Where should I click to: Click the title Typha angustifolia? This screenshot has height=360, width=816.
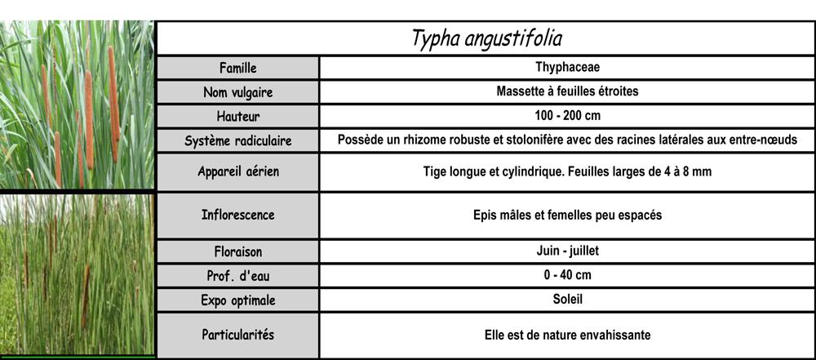click(487, 38)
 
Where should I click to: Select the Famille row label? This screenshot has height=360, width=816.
click(238, 67)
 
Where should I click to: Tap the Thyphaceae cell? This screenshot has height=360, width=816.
click(567, 67)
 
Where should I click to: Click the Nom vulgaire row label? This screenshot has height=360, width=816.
click(238, 92)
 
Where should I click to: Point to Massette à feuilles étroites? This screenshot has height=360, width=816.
click(567, 91)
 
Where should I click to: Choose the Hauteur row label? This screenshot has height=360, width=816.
click(238, 116)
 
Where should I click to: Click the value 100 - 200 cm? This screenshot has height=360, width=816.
click(567, 115)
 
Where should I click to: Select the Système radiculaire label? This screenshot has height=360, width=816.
click(238, 140)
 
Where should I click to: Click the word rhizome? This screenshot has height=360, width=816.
click(426, 140)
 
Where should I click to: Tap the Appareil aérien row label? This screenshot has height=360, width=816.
click(238, 172)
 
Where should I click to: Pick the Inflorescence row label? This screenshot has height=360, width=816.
click(238, 216)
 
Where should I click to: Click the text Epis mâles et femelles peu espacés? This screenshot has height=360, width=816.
click(567, 216)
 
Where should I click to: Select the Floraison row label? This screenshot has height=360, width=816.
click(238, 252)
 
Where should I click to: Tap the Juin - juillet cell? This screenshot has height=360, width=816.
click(567, 251)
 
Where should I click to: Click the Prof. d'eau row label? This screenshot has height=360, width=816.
click(238, 276)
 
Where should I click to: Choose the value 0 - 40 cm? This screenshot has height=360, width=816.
click(567, 275)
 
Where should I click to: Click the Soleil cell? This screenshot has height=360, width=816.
click(567, 299)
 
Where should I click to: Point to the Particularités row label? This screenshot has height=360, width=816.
click(238, 335)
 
